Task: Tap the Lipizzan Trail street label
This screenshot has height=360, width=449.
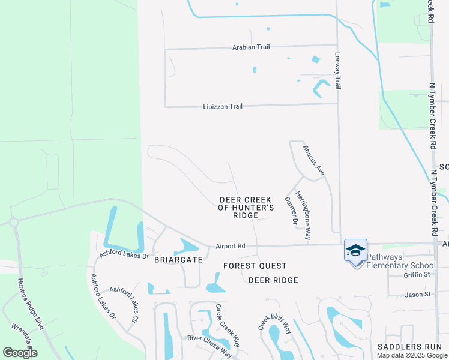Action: pyautogui.click(x=223, y=106)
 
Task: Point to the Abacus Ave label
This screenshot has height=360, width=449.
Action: pyautogui.click(x=313, y=160)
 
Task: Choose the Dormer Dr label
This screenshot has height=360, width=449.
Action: pyautogui.click(x=291, y=211)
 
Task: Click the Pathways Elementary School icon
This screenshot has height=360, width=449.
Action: pyautogui.click(x=355, y=250)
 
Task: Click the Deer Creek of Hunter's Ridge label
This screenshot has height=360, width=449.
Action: pyautogui.click(x=246, y=207)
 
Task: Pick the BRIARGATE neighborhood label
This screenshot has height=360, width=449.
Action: pyautogui.click(x=178, y=260)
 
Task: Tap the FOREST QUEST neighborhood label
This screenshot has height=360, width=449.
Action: pyautogui.click(x=255, y=266)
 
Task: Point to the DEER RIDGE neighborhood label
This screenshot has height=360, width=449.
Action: pyautogui.click(x=273, y=280)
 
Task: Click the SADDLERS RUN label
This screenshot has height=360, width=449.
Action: pyautogui.click(x=410, y=347)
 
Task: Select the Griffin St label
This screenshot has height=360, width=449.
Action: pyautogui.click(x=418, y=275)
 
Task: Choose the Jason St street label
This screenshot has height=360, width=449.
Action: pyautogui.click(x=418, y=294)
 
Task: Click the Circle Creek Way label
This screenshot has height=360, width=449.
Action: pyautogui.click(x=228, y=326)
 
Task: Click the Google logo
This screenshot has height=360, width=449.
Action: pyautogui.click(x=20, y=352)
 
